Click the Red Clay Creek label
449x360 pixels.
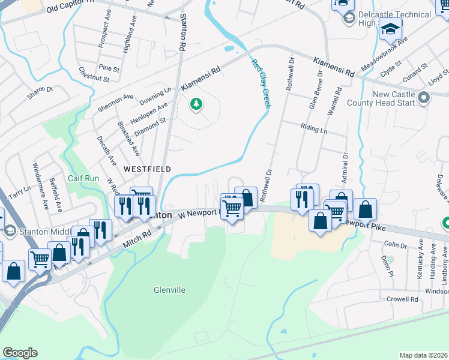pyautogui.click(x=261, y=83)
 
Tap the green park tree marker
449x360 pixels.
pyautogui.click(x=196, y=105)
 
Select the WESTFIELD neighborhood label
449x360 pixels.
pyautogui.click(x=147, y=170)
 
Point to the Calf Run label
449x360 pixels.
pyautogui.click(x=83, y=178)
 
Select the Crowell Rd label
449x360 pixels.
pyautogui.click(x=402, y=299)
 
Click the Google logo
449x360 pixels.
pyautogui.click(x=20, y=353)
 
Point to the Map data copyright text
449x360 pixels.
pyautogui.click(x=423, y=355)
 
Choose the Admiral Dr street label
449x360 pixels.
pyautogui.click(x=345, y=163)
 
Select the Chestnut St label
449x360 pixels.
pyautogui.click(x=94, y=74)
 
